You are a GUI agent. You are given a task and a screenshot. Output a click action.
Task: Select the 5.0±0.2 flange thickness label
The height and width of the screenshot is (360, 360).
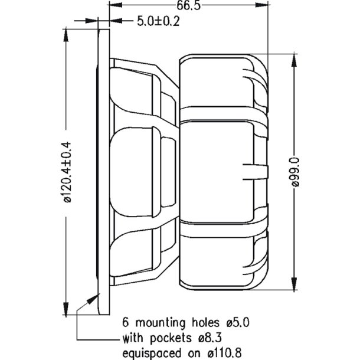[158, 21]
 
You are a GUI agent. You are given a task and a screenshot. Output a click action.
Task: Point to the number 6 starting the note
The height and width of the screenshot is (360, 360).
[126, 323]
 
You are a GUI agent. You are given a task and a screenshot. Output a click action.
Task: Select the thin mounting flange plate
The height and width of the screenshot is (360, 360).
[104, 171]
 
